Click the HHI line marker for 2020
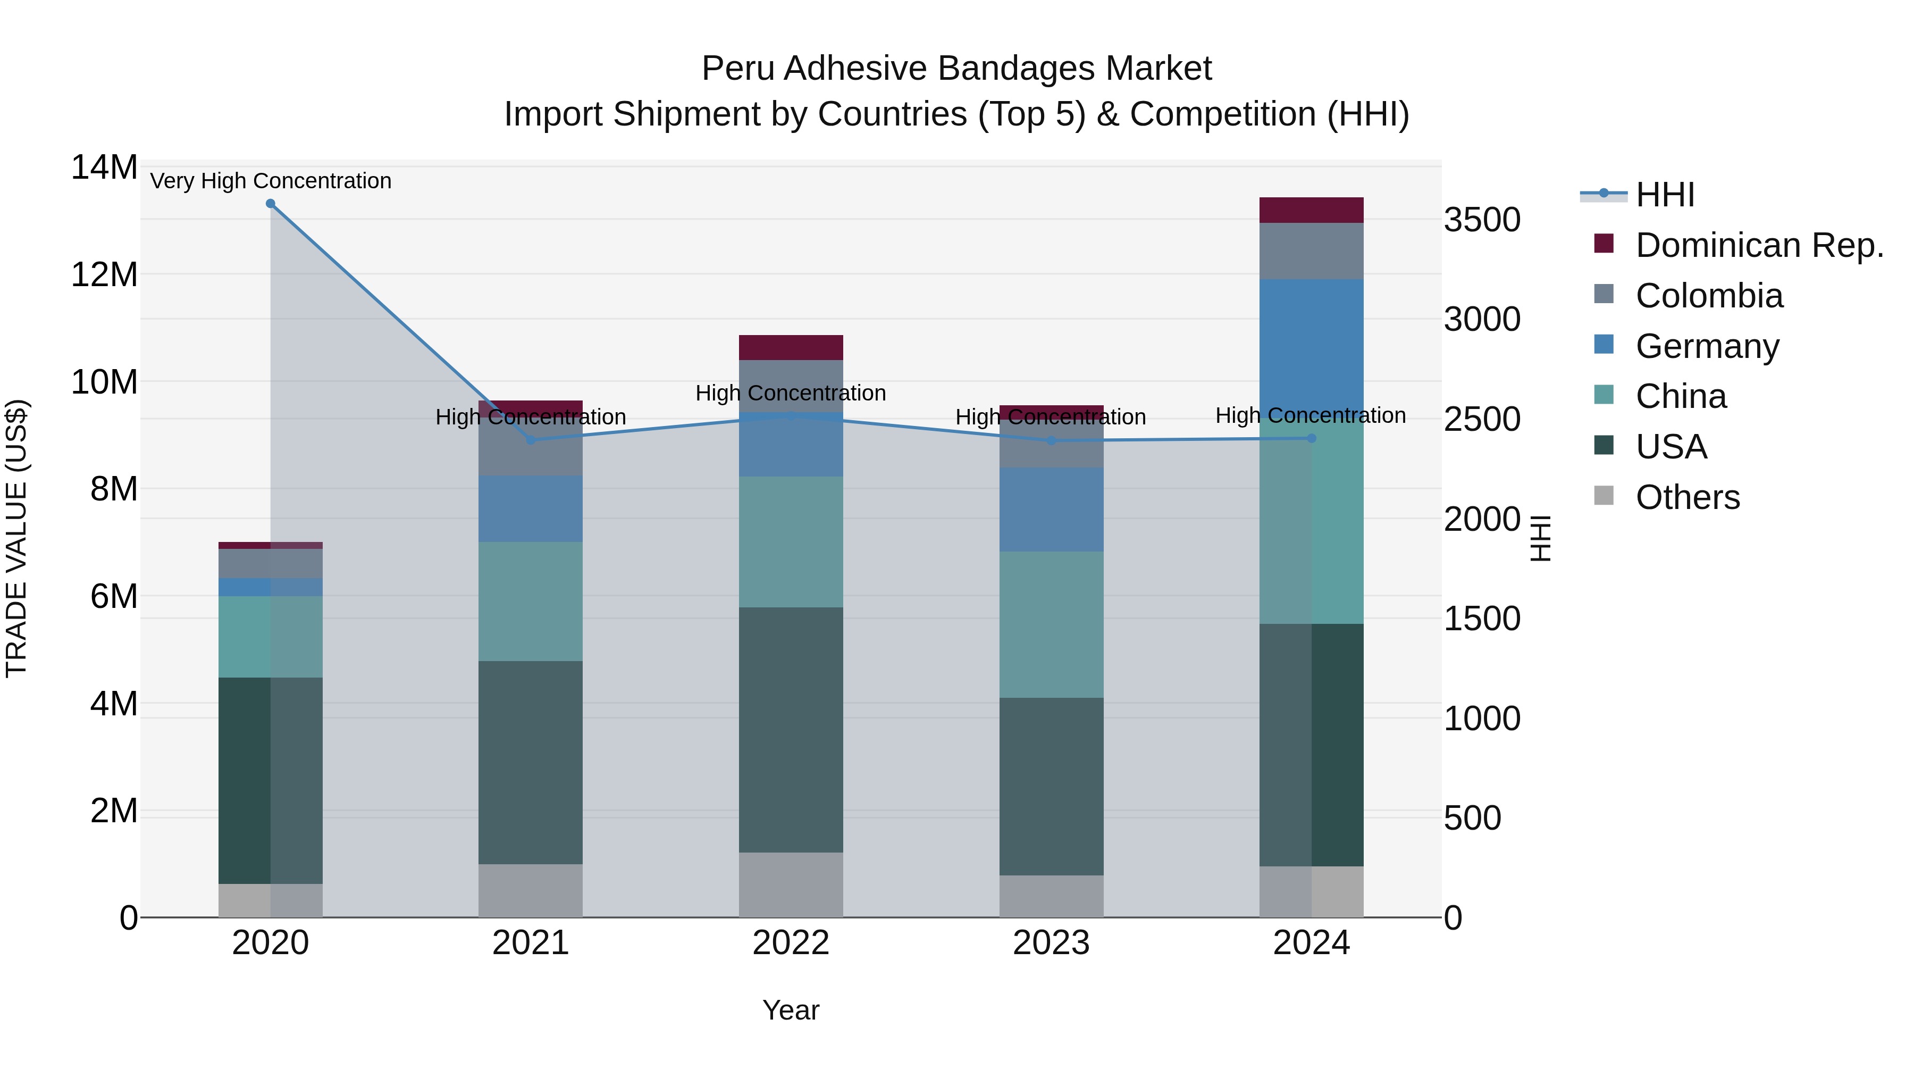(271, 204)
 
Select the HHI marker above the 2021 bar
(531, 440)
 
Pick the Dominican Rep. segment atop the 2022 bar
(791, 348)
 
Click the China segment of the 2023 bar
(1051, 624)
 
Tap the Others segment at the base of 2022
(791, 884)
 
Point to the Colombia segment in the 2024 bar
(1312, 251)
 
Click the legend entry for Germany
(1707, 346)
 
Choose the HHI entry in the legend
(1664, 195)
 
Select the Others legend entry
(1686, 497)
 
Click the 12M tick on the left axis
(104, 275)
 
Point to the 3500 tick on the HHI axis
(1482, 220)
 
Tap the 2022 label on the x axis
(791, 943)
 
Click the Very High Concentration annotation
(271, 181)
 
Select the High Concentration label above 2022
(791, 393)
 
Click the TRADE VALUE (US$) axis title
(16, 538)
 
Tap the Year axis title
(791, 1010)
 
